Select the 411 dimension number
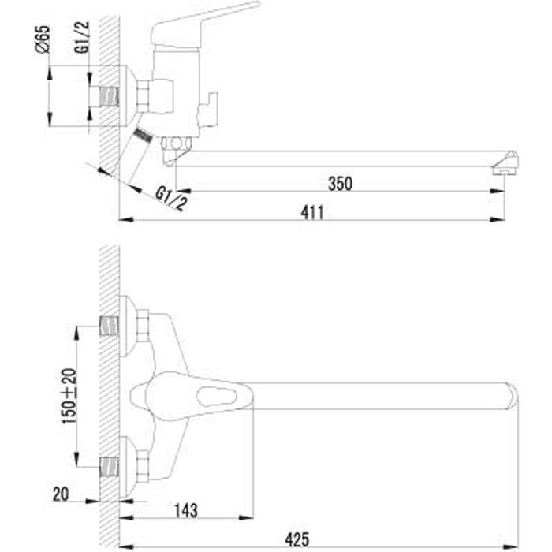click(x=314, y=211)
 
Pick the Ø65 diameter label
click(x=44, y=38)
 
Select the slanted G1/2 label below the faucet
click(x=171, y=199)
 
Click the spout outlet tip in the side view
click(x=503, y=166)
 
